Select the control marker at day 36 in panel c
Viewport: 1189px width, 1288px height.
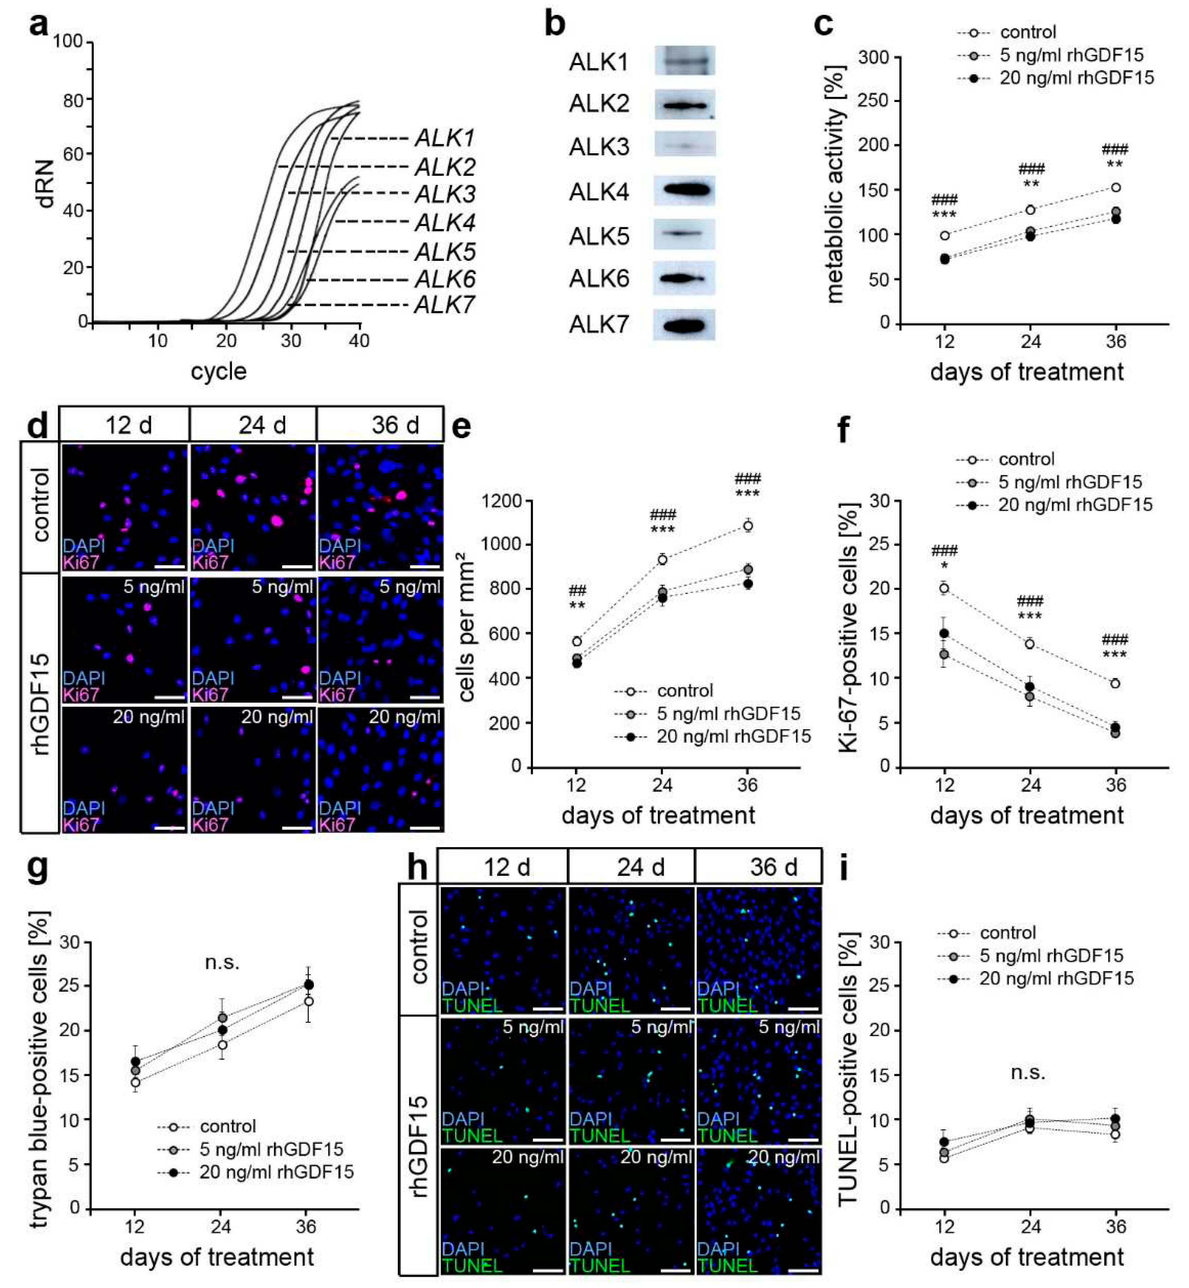click(x=1116, y=187)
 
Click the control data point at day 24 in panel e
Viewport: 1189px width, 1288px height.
click(x=662, y=560)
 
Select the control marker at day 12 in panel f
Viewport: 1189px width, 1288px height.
click(x=944, y=588)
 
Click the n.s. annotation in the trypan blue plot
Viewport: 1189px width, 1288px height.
click(x=222, y=962)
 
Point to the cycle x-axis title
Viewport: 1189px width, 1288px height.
click(x=218, y=371)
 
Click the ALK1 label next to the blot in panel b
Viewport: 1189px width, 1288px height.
click(x=598, y=62)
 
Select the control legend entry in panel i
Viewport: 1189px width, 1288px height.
click(x=1008, y=933)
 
